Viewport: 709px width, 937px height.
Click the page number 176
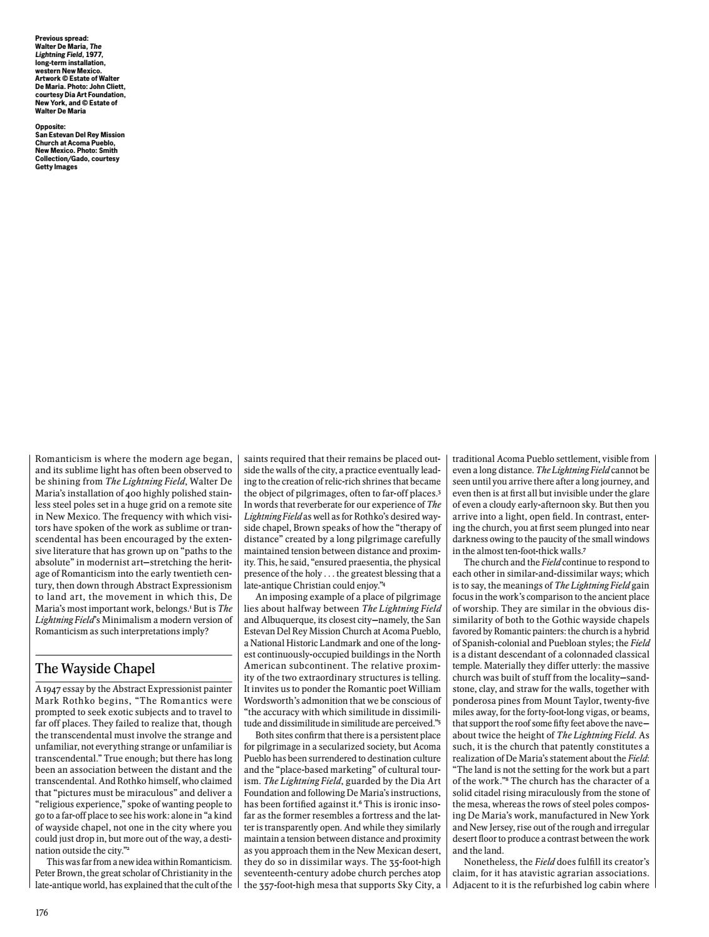[x=41, y=912]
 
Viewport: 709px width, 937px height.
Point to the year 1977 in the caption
[x=94, y=55]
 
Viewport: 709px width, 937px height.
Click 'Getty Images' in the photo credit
[x=56, y=167]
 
